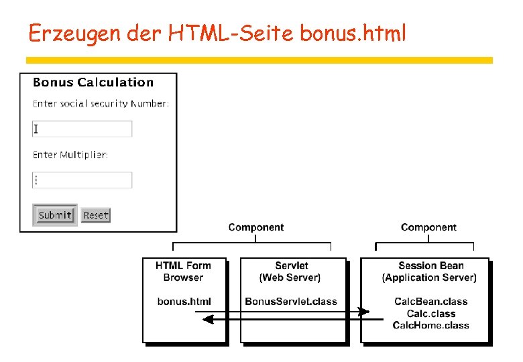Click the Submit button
[x=55, y=215]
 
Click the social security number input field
[x=82, y=129]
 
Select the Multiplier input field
[x=82, y=180]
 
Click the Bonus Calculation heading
[x=93, y=82]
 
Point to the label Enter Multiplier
[x=70, y=155]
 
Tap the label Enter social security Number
[x=101, y=103]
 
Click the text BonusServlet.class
[x=291, y=302]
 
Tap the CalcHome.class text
[x=431, y=325]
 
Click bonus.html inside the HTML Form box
[x=184, y=302]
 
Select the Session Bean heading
[x=431, y=266]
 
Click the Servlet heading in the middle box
[x=292, y=266]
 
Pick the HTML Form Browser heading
[x=184, y=271]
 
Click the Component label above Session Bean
[x=428, y=228]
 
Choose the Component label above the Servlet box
[x=256, y=228]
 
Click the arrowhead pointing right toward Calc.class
[x=364, y=312]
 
